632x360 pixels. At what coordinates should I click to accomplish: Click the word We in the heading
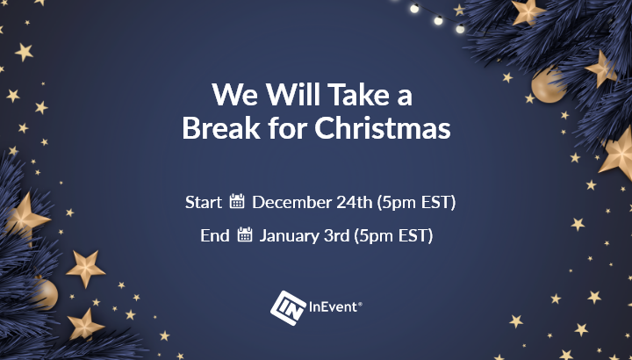[234, 95]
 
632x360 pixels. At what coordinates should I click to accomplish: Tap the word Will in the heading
[292, 94]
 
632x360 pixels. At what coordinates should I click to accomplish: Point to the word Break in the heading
[221, 128]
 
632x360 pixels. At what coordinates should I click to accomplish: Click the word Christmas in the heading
[382, 128]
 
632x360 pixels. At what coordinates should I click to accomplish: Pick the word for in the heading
[287, 127]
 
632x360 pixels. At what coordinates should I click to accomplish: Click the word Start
[204, 202]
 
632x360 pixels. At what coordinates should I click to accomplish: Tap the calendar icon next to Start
[237, 201]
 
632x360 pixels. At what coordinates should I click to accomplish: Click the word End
[215, 235]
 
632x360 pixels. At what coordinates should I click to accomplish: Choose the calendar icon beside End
[245, 234]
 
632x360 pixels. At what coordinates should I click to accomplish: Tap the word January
[290, 236]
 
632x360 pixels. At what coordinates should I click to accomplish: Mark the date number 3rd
[336, 235]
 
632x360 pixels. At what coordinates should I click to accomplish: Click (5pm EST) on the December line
[416, 202]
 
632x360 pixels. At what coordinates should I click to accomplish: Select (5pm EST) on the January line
[393, 236]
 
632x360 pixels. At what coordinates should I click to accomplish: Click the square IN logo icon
[288, 308]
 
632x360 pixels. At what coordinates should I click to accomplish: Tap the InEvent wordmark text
[335, 307]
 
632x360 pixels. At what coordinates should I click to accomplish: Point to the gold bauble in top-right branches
[548, 85]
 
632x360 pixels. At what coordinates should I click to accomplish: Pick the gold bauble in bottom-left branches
[45, 293]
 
